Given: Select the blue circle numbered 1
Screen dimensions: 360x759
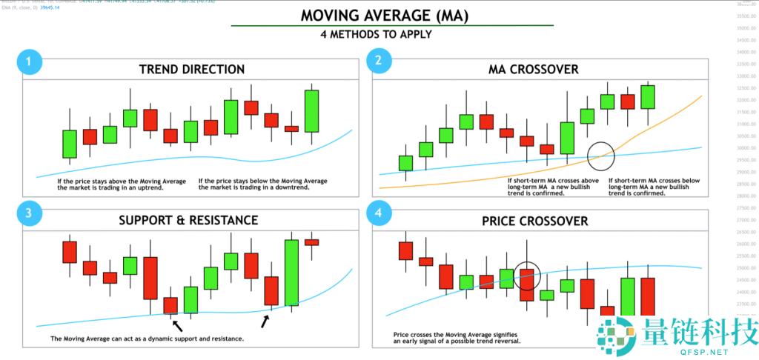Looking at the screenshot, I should click(28, 62).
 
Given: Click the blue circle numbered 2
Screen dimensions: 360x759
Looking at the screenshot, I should click(378, 62).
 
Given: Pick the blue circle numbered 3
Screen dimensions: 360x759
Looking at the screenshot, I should click(28, 214).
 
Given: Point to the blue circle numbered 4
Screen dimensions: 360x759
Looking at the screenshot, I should click(378, 214).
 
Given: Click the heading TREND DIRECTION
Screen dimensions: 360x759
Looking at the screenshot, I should click(192, 70).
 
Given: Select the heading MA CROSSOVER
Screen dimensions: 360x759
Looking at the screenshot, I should click(534, 70).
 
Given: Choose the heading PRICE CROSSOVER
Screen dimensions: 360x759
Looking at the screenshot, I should click(534, 221).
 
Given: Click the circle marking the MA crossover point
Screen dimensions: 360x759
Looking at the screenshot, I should click(601, 153).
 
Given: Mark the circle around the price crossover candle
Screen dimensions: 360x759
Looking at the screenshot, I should click(527, 275).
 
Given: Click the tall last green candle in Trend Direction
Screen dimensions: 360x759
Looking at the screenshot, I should click(311, 111).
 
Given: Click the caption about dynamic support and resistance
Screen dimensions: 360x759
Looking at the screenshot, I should click(147, 339).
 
